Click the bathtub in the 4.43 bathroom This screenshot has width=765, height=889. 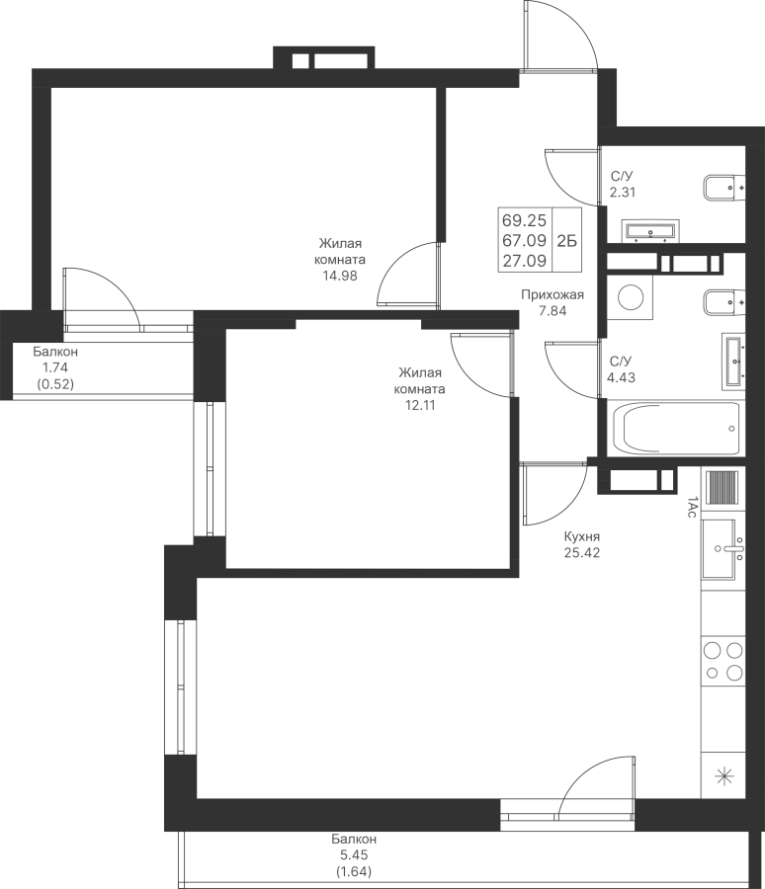(x=676, y=428)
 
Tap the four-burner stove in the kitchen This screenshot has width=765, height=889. (x=723, y=661)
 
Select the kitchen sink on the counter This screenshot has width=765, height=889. (x=723, y=549)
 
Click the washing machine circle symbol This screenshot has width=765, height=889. (x=630, y=297)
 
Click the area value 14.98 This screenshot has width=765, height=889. (x=340, y=276)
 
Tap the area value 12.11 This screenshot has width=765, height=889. (x=420, y=405)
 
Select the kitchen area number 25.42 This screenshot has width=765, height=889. (x=582, y=552)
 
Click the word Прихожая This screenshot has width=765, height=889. (x=552, y=294)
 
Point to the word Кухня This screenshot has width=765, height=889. (x=582, y=536)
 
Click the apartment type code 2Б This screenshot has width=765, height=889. (x=566, y=241)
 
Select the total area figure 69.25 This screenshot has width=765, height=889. (x=525, y=220)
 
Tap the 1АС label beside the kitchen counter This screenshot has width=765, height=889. (x=691, y=507)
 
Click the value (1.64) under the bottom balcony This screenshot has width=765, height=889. (x=354, y=871)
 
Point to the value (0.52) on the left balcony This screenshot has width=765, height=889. (x=55, y=384)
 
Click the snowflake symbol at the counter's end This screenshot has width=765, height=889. (x=723, y=776)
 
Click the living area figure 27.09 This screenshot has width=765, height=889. (x=525, y=261)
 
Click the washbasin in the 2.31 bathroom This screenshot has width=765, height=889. (x=650, y=231)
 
